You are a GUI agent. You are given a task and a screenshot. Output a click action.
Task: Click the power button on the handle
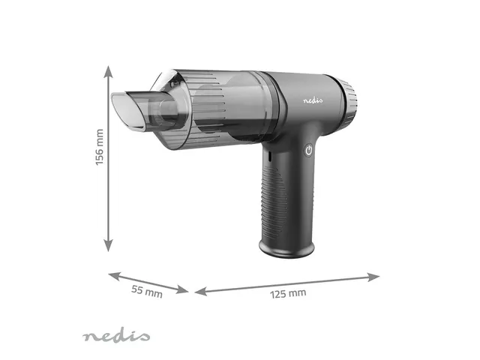[x=308, y=151]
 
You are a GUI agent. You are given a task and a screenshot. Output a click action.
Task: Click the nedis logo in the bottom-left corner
[x=116, y=336]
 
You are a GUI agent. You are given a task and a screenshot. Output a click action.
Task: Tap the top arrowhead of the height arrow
[x=109, y=71]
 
